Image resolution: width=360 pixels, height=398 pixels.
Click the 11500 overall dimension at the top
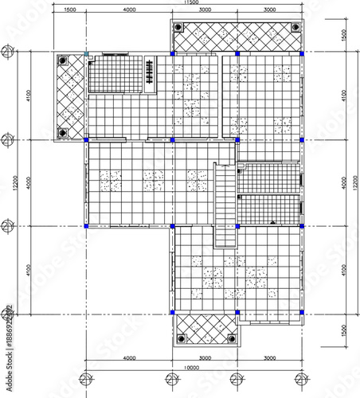(191, 3)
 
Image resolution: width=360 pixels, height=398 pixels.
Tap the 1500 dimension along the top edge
(69, 10)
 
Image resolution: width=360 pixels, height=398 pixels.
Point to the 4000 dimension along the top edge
(129, 10)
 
